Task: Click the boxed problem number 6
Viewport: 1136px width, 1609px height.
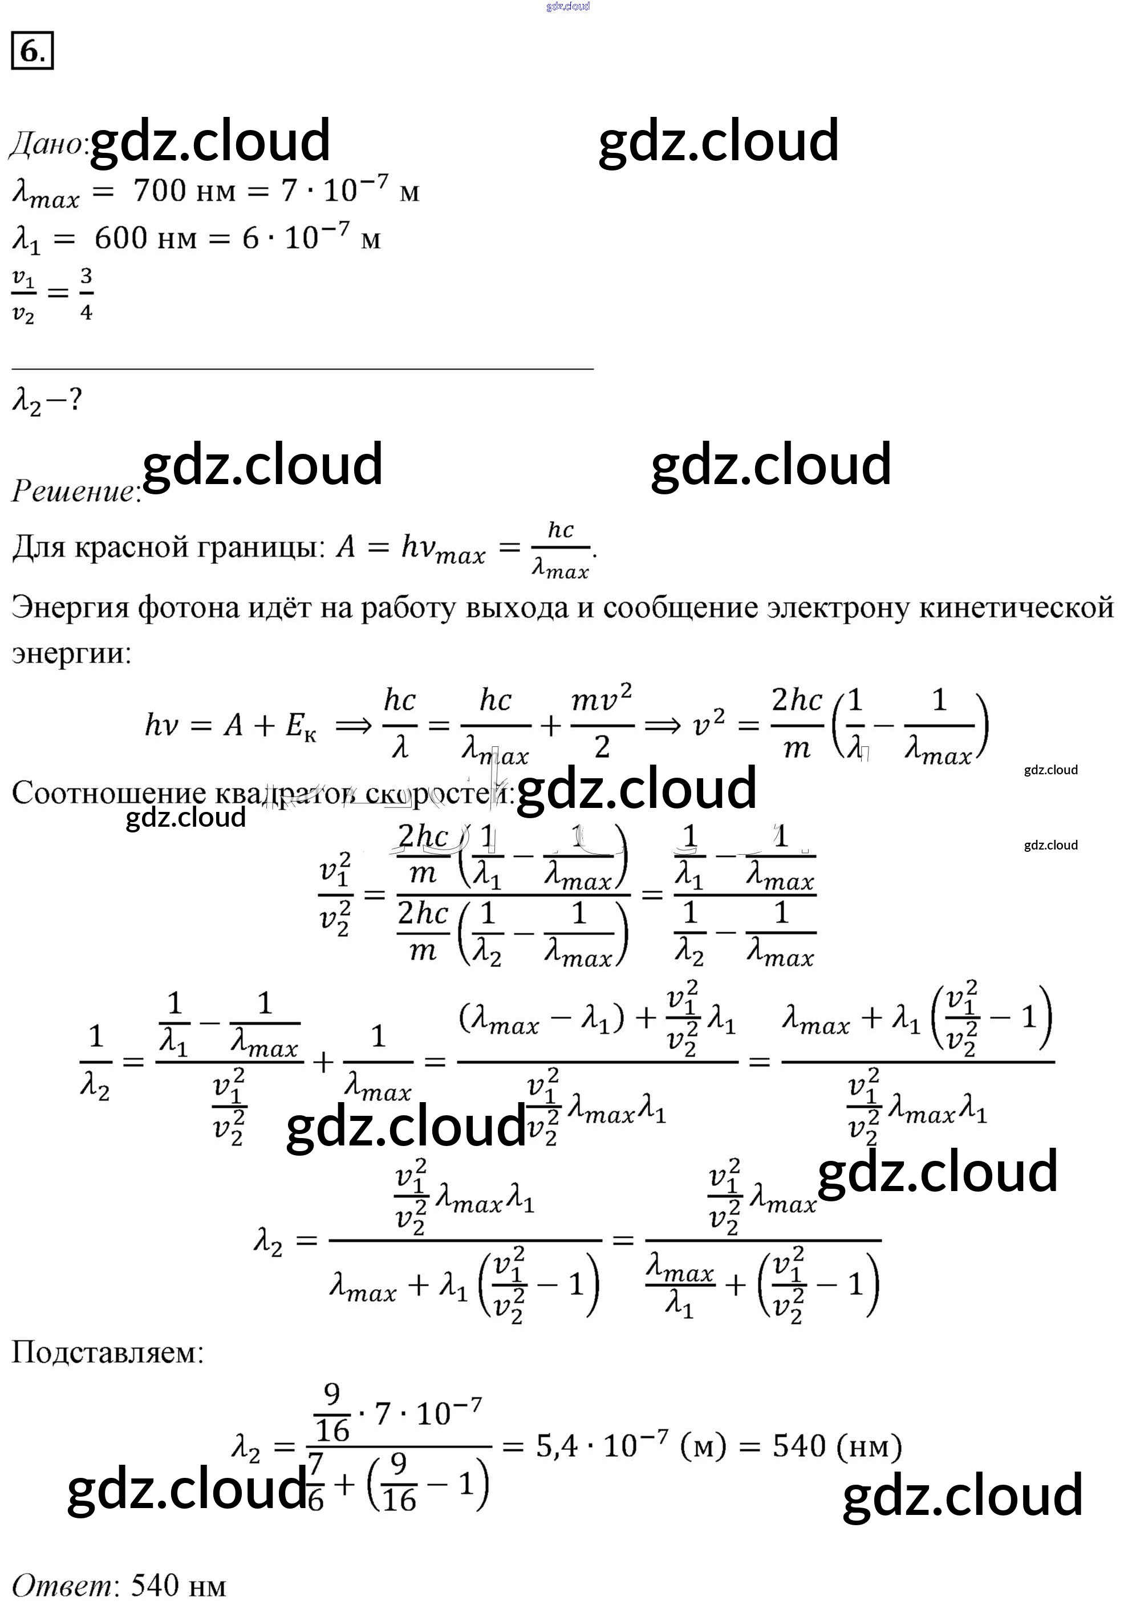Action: pyautogui.click(x=31, y=52)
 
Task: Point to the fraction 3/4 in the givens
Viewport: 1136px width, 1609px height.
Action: pyautogui.click(x=86, y=294)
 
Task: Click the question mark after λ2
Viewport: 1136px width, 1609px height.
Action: pyautogui.click(x=75, y=400)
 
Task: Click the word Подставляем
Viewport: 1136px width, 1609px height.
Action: pyautogui.click(x=107, y=1352)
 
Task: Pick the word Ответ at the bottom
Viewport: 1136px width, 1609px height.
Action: pyautogui.click(x=62, y=1584)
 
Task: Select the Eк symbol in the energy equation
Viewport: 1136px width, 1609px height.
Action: pyautogui.click(x=301, y=726)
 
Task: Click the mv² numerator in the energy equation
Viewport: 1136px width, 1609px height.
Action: pyautogui.click(x=601, y=700)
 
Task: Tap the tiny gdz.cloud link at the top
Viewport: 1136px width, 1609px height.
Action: pyautogui.click(x=567, y=6)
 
